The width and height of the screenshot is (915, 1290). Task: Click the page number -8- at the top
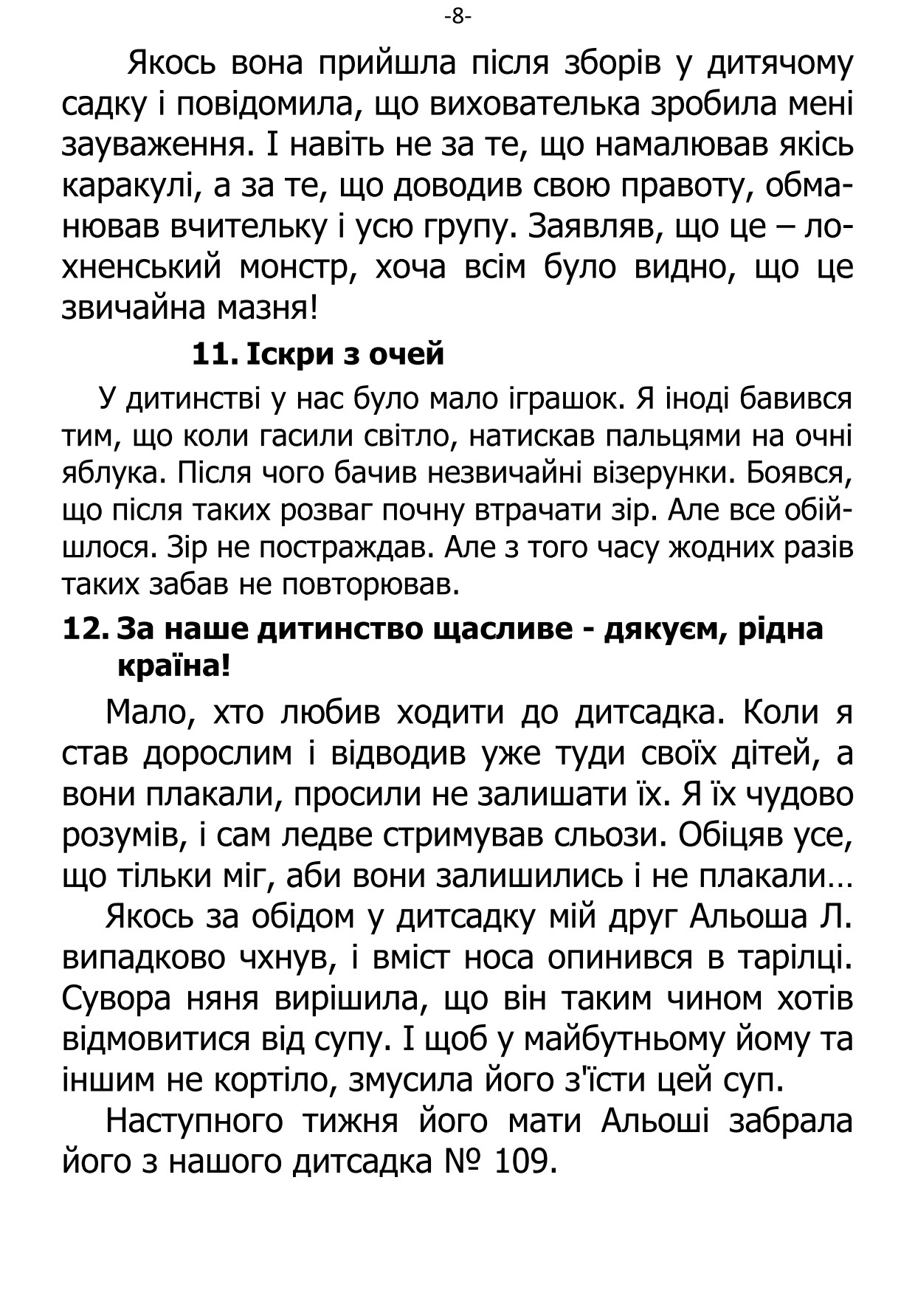[x=457, y=16]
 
